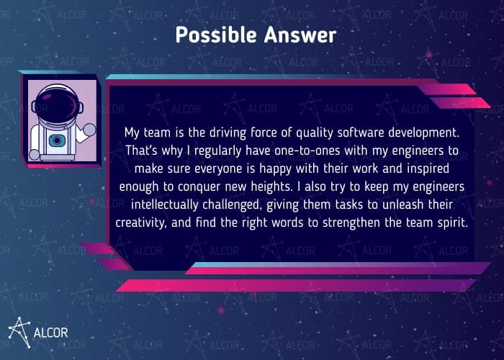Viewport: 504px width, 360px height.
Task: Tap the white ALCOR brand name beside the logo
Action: pos(52,334)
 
